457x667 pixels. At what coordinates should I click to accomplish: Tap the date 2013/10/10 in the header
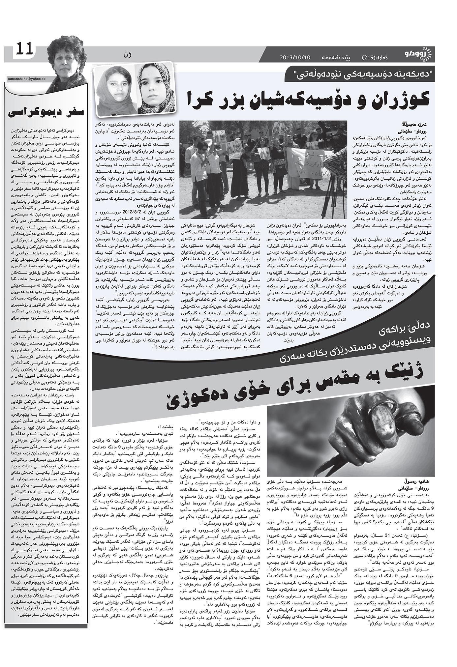[x=295, y=57]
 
